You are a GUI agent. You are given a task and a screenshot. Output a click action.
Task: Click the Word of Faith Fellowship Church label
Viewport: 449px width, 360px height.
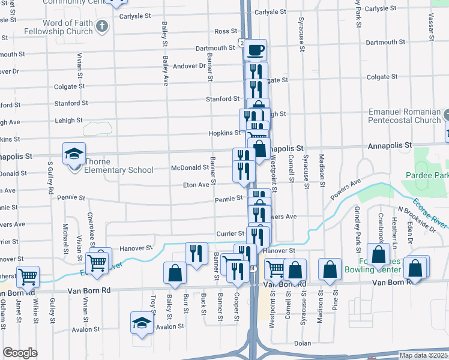coord(67,27)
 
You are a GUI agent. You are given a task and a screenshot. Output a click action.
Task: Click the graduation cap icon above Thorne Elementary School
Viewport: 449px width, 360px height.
coord(74,154)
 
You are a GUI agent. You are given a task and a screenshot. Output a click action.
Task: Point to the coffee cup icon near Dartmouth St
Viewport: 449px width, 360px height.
coord(255,49)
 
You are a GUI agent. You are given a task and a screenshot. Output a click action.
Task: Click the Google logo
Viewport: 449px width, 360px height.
coord(20,353)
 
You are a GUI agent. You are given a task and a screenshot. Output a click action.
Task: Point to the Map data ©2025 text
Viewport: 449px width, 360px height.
coord(423,355)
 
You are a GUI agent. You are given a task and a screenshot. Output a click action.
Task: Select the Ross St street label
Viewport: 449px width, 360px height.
coord(226,31)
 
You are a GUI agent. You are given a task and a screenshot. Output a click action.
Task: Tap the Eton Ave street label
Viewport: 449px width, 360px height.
coord(196,185)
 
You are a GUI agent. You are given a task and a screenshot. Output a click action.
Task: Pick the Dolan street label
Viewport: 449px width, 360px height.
coord(302,344)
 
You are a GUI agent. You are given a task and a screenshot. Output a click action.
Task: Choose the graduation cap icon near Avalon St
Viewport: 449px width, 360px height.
coord(142,322)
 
